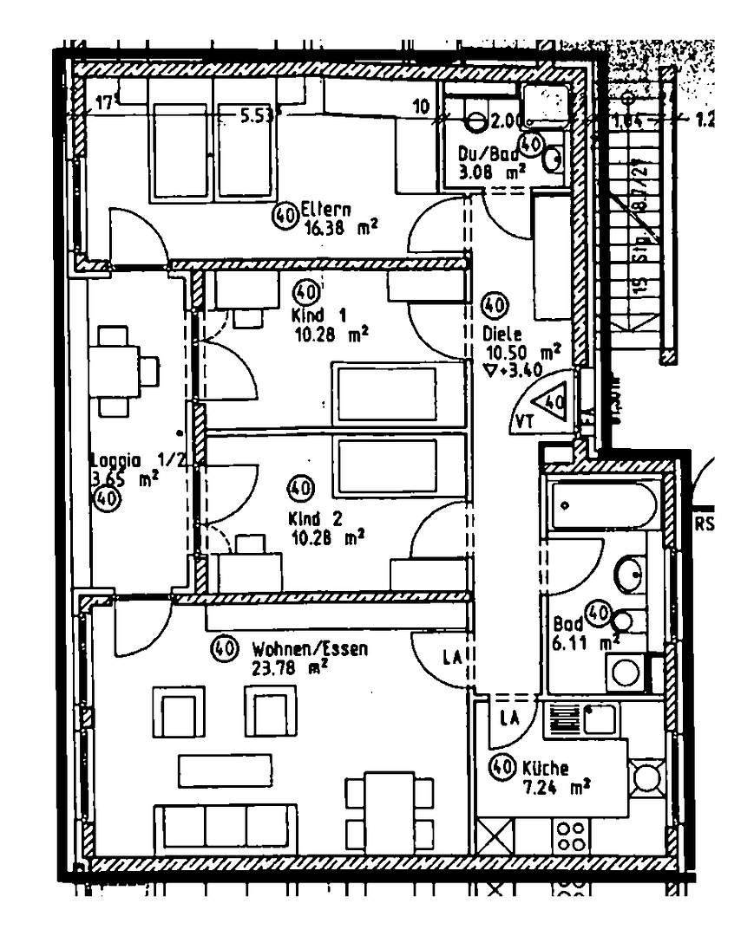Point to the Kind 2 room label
point(316,519)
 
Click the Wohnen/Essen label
point(310,648)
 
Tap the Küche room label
point(546,768)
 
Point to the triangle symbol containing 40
point(549,402)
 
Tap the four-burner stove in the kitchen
point(570,836)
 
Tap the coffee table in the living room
point(226,770)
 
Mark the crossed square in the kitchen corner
point(495,836)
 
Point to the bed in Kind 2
point(387,468)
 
